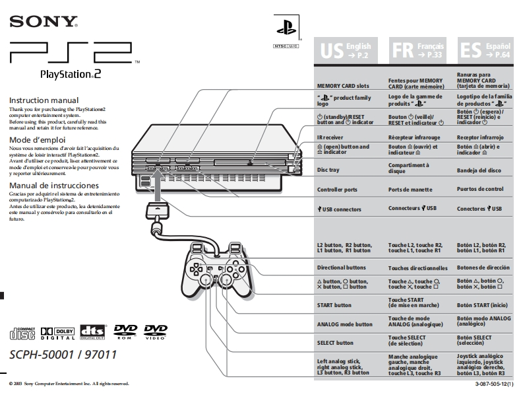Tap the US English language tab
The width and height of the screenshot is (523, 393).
[x=346, y=50]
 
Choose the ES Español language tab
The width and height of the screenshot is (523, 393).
[x=485, y=50]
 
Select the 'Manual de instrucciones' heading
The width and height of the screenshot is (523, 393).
[x=53, y=186]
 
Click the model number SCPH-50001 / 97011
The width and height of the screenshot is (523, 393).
[x=63, y=355]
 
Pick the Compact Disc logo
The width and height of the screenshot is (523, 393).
[x=23, y=332]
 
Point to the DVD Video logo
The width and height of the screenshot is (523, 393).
[x=156, y=331]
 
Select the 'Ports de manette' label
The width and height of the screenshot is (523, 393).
[x=412, y=190]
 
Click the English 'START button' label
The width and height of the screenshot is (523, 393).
[x=334, y=305]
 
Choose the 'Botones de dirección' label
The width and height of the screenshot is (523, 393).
[x=483, y=268]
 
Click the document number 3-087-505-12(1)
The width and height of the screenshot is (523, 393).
[x=497, y=384]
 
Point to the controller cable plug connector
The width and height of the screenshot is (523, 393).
[x=157, y=213]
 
